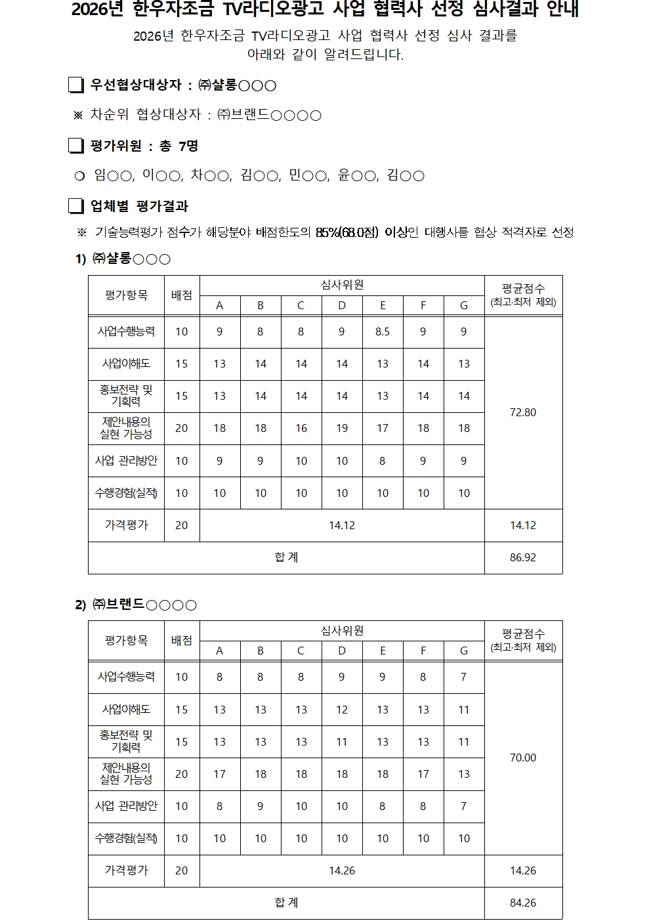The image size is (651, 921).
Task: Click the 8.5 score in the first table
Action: [383, 332]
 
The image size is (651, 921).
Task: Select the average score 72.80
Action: [523, 413]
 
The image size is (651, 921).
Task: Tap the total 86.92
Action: [523, 558]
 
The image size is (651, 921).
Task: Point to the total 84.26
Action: [523, 903]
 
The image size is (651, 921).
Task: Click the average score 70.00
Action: [523, 758]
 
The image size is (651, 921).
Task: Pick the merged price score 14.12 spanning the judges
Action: [342, 526]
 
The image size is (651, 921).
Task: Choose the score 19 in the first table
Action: [342, 429]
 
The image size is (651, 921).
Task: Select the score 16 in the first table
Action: [301, 429]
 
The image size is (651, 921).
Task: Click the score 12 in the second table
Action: [342, 710]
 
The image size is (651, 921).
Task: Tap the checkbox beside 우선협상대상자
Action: [76, 85]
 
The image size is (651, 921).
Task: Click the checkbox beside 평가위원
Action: [76, 146]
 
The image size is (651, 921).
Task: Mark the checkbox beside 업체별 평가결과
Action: [76, 206]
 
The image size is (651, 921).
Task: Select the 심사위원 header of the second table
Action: [342, 630]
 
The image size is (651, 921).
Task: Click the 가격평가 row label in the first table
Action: [126, 526]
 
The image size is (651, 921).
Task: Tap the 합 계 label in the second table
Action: [286, 903]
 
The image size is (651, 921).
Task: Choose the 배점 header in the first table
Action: [182, 295]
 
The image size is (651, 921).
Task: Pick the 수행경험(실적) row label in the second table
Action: [126, 838]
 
